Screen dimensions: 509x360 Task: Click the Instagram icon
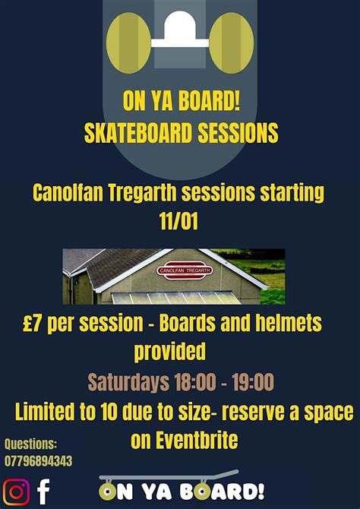tap(16, 492)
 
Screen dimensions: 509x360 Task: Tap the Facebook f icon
tap(44, 491)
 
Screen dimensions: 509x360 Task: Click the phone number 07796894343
tap(39, 461)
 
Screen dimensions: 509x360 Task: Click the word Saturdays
tap(128, 381)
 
